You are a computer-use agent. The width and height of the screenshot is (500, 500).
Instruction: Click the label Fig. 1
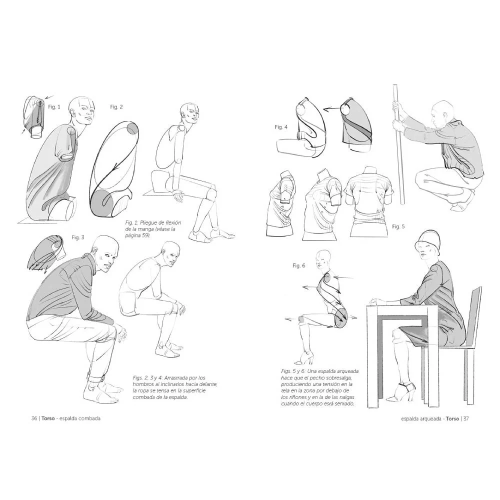coord(54,107)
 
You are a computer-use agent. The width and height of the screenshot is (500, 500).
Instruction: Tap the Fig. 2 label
coord(116,107)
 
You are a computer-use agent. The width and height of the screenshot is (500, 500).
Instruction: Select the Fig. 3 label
coord(78,237)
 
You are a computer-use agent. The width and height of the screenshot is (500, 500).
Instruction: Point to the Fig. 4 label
coord(281,127)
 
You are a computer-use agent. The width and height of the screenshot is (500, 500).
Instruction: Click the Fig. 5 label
coord(398,226)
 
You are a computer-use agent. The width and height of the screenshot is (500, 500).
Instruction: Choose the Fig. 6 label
coord(299,265)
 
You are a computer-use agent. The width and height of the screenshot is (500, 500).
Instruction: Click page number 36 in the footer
coord(34,418)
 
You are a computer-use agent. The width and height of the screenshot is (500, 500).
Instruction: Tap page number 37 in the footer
coord(466,418)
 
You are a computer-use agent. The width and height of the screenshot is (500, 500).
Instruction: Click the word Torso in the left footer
coord(48,418)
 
